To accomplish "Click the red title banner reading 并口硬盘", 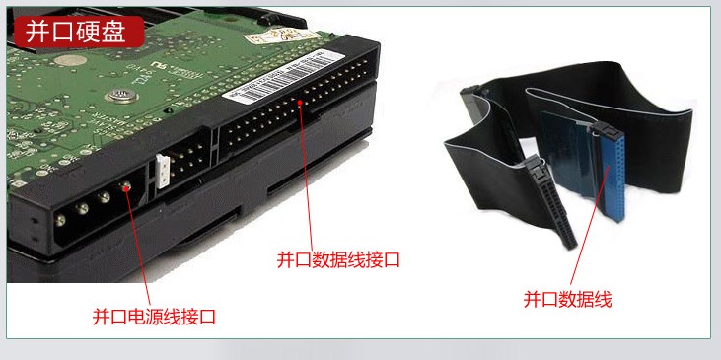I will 76,32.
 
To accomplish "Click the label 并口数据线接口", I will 338,259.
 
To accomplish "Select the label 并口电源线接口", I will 154,317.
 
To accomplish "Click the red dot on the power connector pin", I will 124,187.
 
